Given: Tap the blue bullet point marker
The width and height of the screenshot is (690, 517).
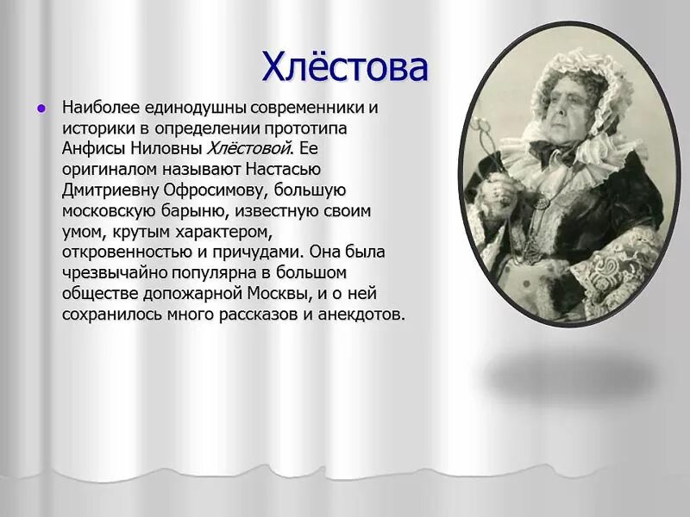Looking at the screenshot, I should click(x=40, y=109).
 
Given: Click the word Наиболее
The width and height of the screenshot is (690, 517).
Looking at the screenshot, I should click(x=95, y=109).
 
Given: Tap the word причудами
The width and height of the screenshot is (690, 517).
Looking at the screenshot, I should click(x=266, y=252).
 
